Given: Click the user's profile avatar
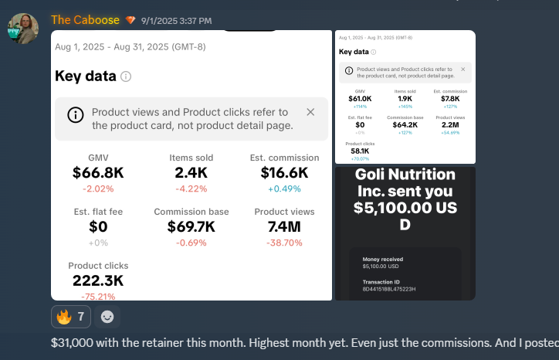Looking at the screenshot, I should pos(23,29).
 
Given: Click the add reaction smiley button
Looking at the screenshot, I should pos(107,316).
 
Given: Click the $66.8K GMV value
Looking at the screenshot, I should pos(98,173).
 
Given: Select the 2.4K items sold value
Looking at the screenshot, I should pos(191,173).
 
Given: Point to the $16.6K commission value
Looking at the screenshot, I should pos(284,173).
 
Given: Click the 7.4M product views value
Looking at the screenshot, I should pos(284,227).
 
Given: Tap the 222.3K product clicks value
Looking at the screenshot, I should pos(98,281).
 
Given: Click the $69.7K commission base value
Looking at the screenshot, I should pos(191,227).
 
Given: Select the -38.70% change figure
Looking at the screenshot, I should pos(284,243).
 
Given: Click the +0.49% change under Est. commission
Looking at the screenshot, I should pos(284,188).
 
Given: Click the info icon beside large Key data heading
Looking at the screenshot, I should pos(127,76).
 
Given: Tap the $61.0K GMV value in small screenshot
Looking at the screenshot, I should pos(360,99).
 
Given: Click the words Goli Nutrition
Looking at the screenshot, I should pos(405,175).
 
